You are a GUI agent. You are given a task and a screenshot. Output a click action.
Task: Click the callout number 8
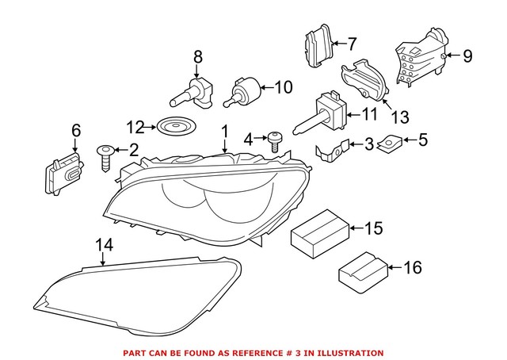coord(197,56)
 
